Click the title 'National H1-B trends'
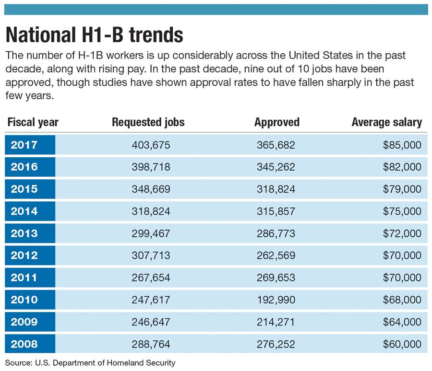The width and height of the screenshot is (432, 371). pyautogui.click(x=94, y=35)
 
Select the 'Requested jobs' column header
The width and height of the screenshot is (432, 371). pyautogui.click(x=148, y=122)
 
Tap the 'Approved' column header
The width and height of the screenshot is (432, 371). pyautogui.click(x=277, y=122)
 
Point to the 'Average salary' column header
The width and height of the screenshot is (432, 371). pyautogui.click(x=387, y=122)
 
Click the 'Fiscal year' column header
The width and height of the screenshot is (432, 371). pyautogui.click(x=33, y=122)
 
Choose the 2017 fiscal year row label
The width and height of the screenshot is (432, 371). pyautogui.click(x=24, y=145)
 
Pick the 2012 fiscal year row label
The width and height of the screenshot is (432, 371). pyautogui.click(x=24, y=255)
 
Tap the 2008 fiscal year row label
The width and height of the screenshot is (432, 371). pyautogui.click(x=24, y=344)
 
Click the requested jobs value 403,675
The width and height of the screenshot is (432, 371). pyautogui.click(x=151, y=145)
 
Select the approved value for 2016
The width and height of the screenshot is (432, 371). pyautogui.click(x=276, y=167)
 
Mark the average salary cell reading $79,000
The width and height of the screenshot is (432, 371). pyautogui.click(x=402, y=189)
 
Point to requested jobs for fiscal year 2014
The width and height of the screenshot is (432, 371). pyautogui.click(x=151, y=211)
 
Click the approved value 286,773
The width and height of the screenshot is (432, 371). pyautogui.click(x=276, y=233)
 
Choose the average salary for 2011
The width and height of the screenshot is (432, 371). pyautogui.click(x=402, y=278)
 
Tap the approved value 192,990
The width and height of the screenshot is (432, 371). pyautogui.click(x=276, y=300)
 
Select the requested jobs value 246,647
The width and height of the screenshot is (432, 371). pyautogui.click(x=151, y=322)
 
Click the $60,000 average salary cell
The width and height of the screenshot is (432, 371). pyautogui.click(x=402, y=344)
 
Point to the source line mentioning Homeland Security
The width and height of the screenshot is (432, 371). pyautogui.click(x=90, y=363)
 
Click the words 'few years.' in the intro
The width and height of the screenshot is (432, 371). pyautogui.click(x=29, y=95)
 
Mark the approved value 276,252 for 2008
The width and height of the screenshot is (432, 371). pyautogui.click(x=276, y=344)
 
